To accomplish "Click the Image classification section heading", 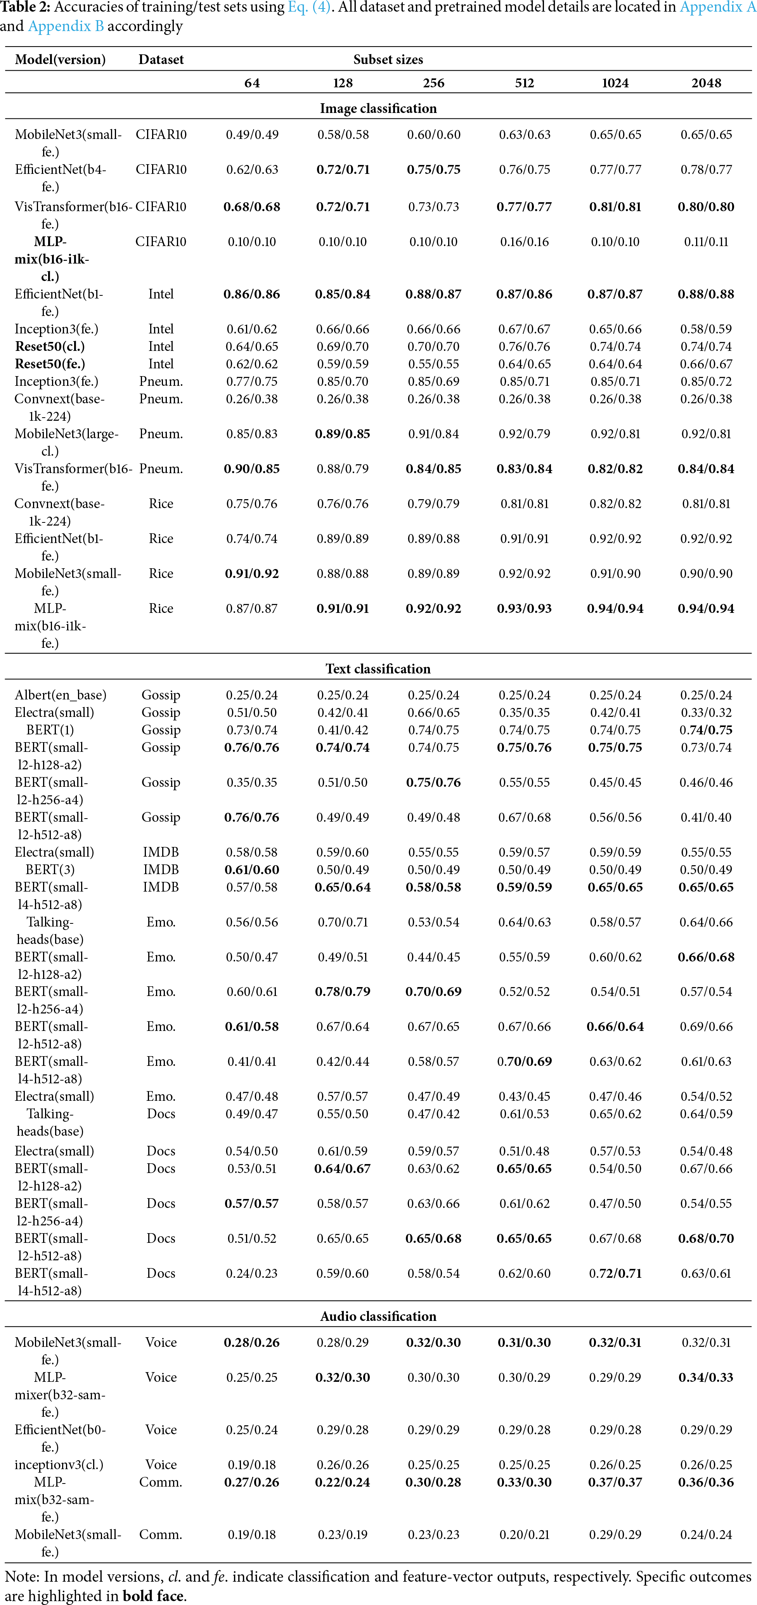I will tap(378, 108).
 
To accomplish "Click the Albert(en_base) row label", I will tap(61, 695).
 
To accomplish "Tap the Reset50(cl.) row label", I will tap(50, 346).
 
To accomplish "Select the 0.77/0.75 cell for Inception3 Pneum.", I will tap(252, 381).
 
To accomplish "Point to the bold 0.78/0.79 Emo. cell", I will tap(343, 992).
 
